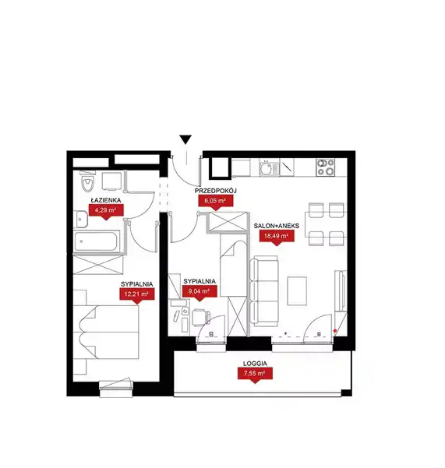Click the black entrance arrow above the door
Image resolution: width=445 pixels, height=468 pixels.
185,139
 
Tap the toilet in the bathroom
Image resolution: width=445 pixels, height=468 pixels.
88,181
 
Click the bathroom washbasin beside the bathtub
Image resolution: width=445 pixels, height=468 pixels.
80,220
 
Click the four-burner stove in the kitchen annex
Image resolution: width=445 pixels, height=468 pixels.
326,167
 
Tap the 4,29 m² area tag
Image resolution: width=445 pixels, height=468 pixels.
106,212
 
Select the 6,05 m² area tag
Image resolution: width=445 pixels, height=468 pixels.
216,202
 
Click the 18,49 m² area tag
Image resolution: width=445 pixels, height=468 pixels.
276,238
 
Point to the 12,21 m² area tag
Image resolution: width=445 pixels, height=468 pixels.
137,296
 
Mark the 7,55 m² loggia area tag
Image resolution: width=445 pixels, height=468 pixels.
255,375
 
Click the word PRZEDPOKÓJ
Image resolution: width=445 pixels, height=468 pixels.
216,191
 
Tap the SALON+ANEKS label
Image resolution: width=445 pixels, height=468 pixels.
277,226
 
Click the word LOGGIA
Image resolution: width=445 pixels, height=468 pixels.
255,364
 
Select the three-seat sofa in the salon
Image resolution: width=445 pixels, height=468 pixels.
264,291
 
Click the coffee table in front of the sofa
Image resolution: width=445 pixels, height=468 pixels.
297,290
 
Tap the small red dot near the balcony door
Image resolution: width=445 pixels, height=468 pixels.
335,331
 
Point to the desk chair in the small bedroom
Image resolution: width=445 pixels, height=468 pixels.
200,318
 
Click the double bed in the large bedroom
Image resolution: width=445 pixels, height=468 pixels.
109,332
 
